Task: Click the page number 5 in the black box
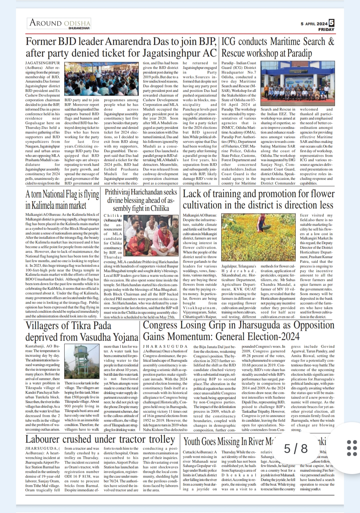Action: click(331, 23)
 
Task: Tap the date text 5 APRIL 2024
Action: click(314, 24)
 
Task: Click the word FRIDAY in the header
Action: click(326, 29)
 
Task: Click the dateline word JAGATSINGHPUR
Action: click(43, 63)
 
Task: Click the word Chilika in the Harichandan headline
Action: click(159, 208)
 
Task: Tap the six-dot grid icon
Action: click(352, 448)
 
